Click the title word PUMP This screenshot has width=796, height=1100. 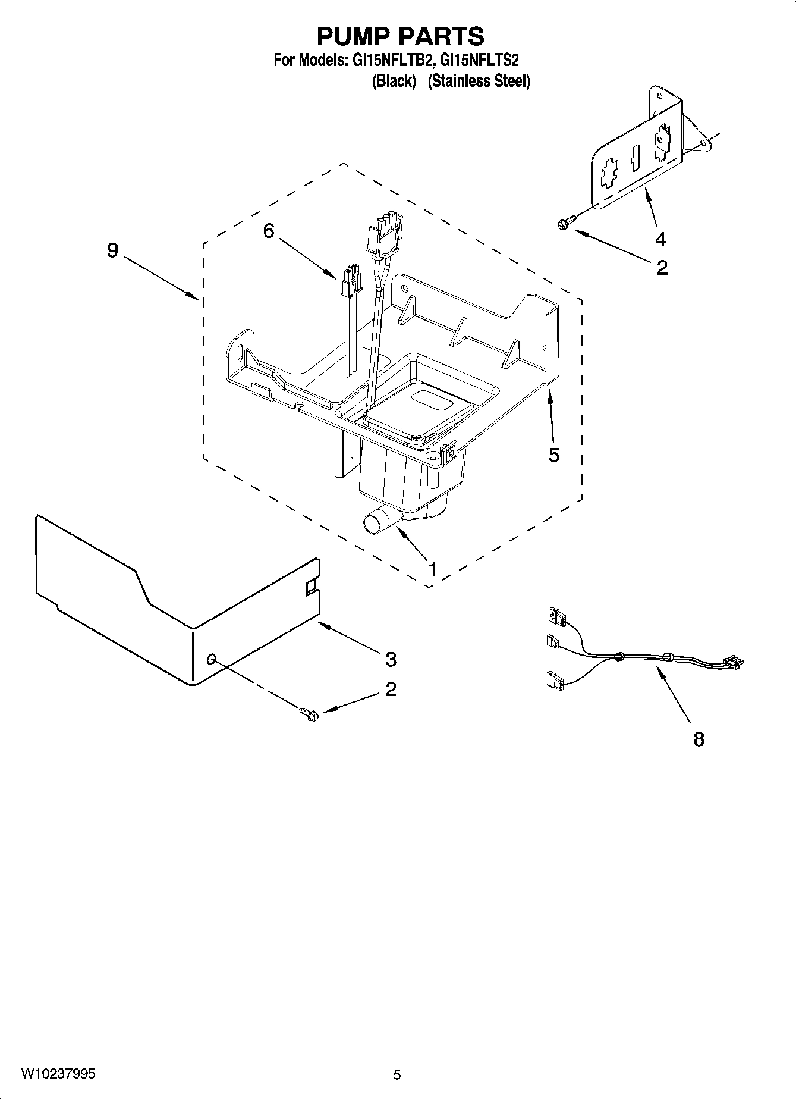coord(353,37)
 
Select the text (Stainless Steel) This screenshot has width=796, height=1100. coord(479,81)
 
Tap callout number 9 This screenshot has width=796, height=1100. coord(113,251)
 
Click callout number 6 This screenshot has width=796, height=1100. coord(269,231)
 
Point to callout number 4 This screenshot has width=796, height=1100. coord(660,239)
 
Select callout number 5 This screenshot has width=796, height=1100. coord(553,455)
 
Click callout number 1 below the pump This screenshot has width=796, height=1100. coord(433,569)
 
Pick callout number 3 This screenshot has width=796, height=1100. coord(391,659)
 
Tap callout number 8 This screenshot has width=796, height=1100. coord(699,739)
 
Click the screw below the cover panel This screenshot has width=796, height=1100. coord(310,713)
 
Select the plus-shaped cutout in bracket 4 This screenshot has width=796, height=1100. coord(608,176)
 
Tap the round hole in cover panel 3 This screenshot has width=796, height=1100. coord(212,659)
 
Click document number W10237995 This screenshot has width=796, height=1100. coord(58,1074)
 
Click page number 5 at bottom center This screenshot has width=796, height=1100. coord(397,1074)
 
